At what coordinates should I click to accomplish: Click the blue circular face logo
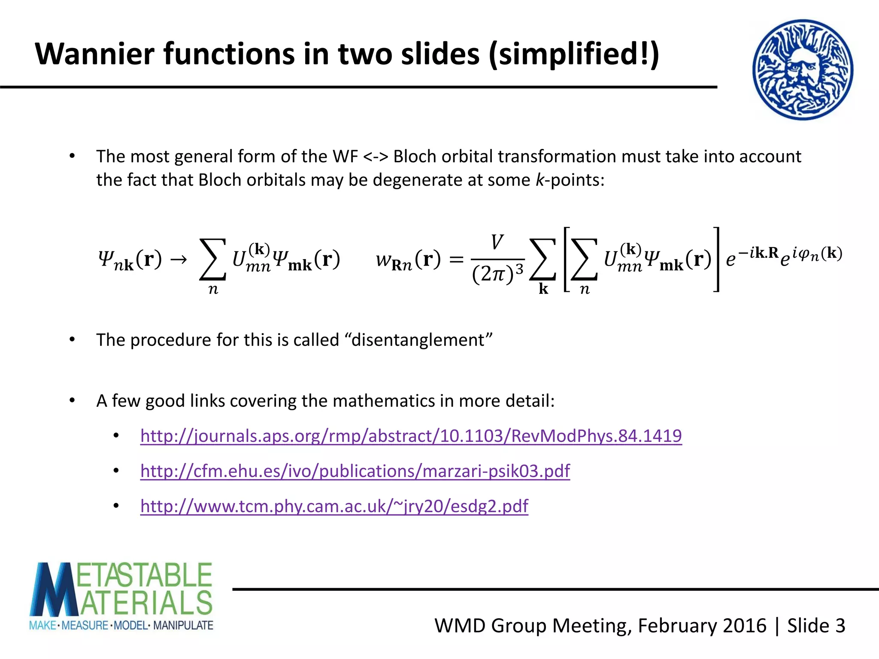(803, 70)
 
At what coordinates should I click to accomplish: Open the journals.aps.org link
(411, 436)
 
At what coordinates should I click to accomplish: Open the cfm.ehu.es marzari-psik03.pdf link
(355, 471)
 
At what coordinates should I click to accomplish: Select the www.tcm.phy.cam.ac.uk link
(334, 506)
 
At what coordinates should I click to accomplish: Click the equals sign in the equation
(456, 259)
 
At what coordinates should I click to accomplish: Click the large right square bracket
(715, 259)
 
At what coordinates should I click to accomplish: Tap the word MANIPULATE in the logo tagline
(183, 625)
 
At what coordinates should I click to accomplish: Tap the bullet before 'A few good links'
(72, 401)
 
